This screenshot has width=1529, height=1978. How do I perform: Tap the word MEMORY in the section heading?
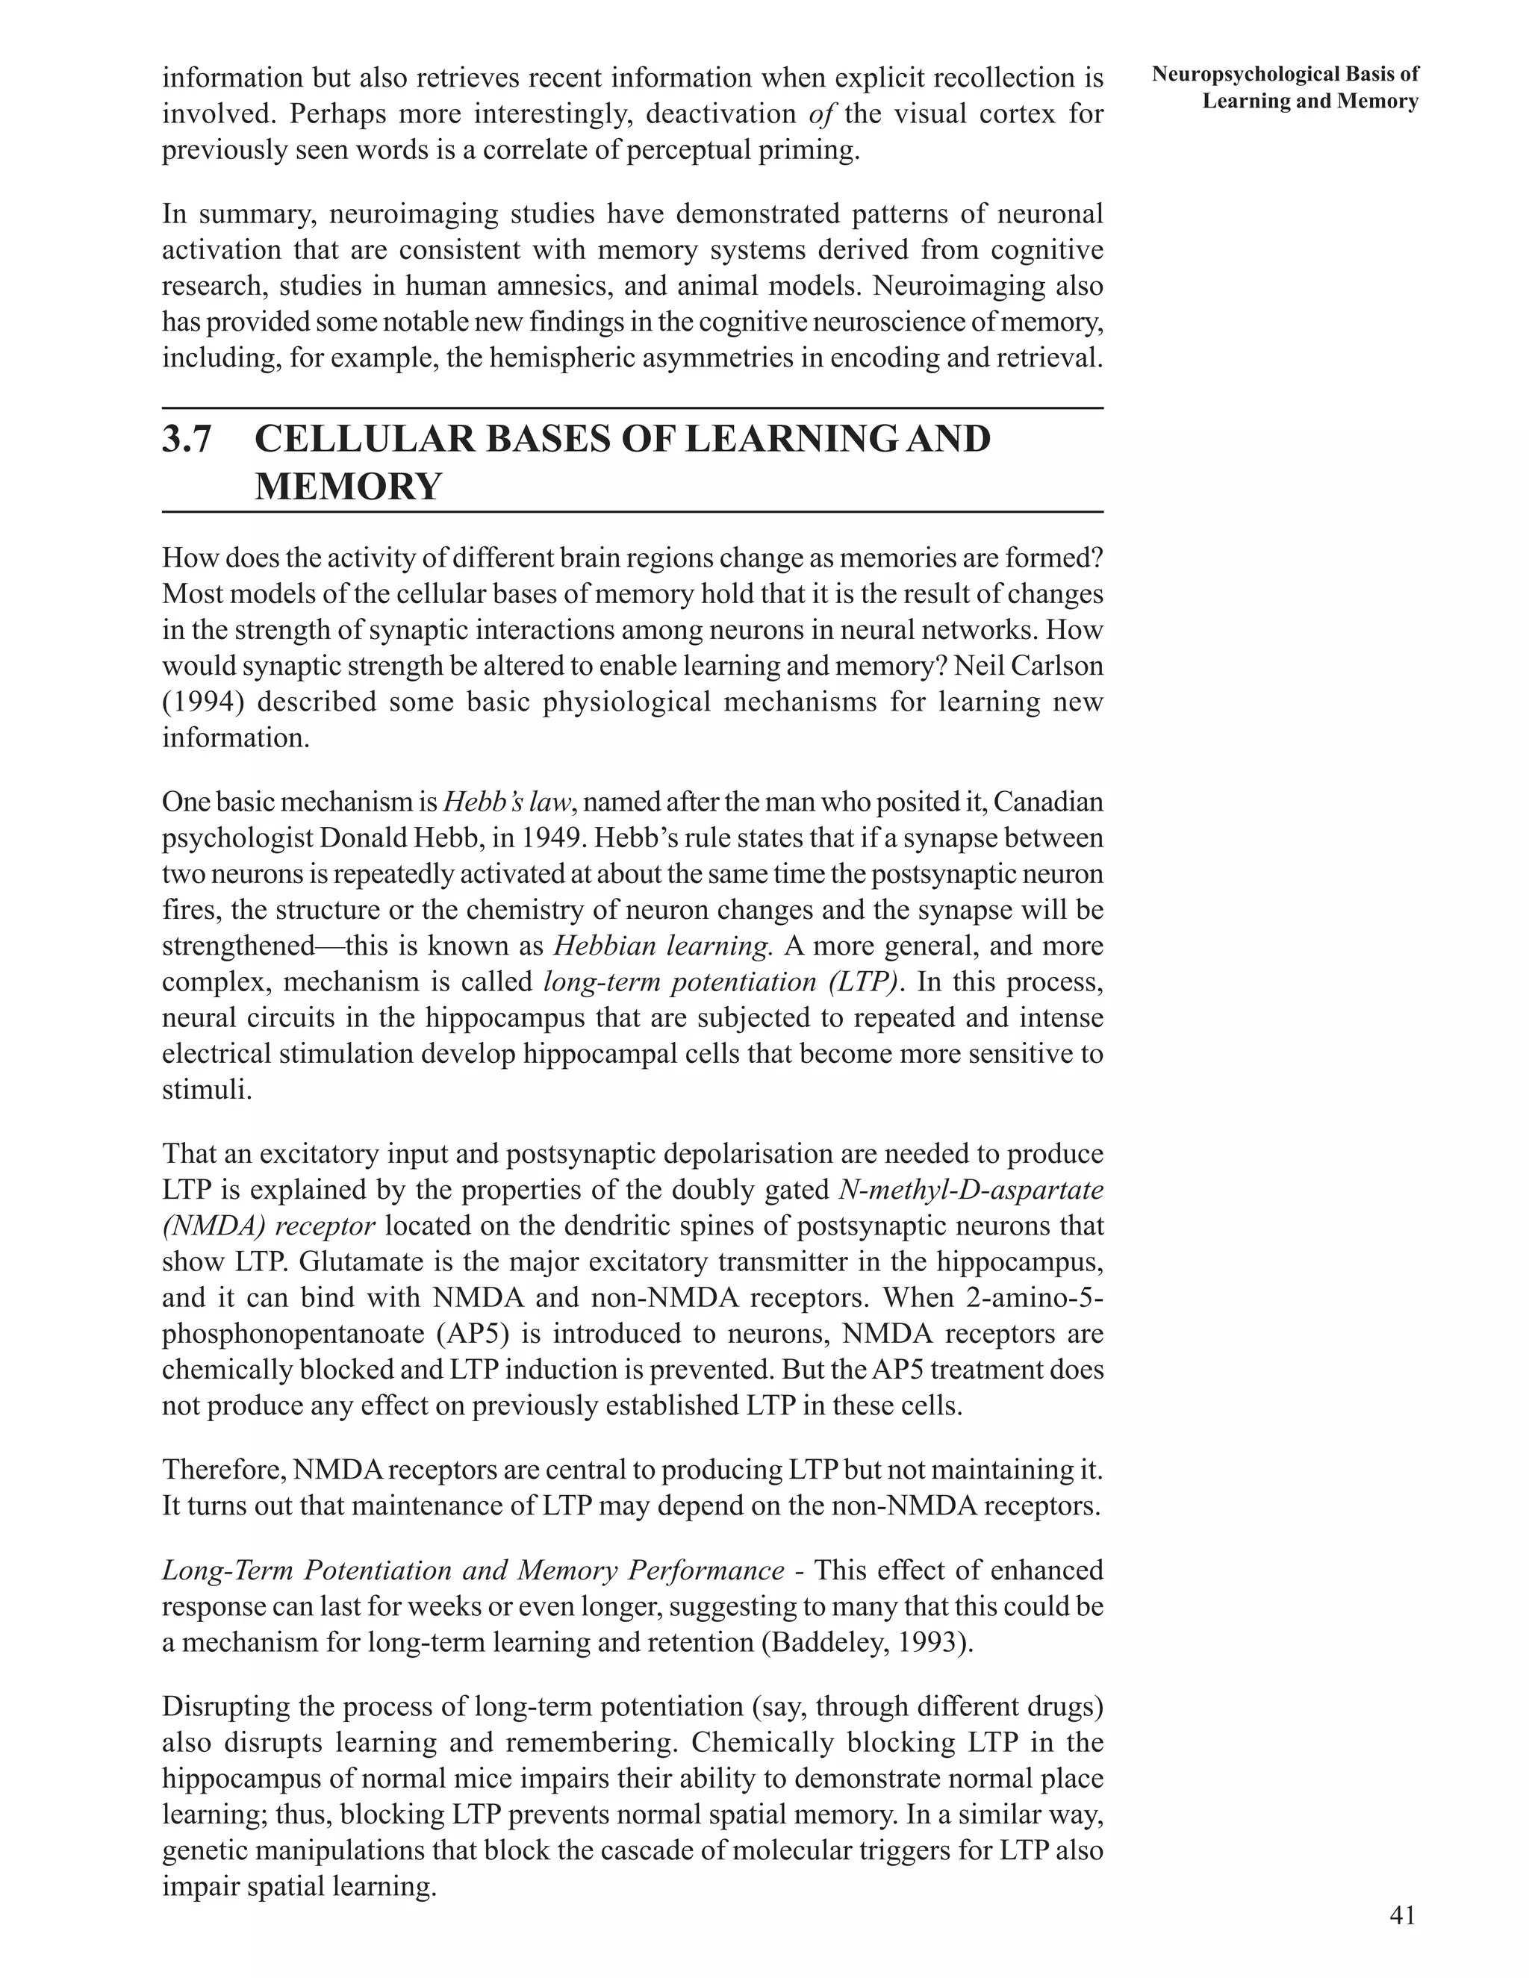pyautogui.click(x=348, y=487)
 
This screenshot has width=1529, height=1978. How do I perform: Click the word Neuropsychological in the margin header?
pyautogui.click(x=1246, y=74)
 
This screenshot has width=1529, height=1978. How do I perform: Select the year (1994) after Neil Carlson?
pyautogui.click(x=200, y=702)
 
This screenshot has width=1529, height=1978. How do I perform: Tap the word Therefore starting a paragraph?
pyautogui.click(x=222, y=1469)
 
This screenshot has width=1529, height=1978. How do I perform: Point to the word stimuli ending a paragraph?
pyautogui.click(x=205, y=1090)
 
